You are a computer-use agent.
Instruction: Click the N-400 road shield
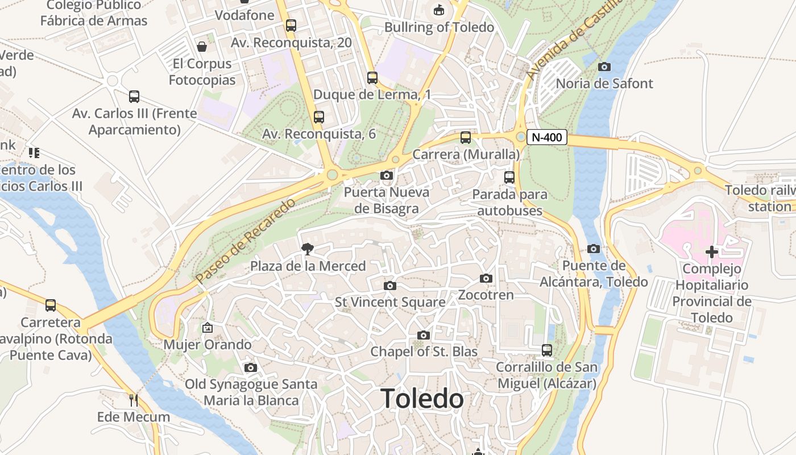[546, 137]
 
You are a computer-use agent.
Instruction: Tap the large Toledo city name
[422, 399]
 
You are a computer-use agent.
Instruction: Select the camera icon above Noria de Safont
[604, 67]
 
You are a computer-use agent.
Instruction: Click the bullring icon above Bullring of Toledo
[439, 10]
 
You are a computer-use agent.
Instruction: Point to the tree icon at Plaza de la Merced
[308, 249]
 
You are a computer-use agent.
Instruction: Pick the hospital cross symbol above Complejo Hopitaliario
[712, 251]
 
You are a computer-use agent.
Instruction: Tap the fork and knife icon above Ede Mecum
[133, 400]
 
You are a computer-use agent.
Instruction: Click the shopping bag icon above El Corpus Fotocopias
[202, 46]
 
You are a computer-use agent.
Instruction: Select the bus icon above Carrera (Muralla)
[466, 137]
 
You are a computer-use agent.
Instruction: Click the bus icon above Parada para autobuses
[509, 177]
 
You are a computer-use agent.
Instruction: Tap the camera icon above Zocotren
[486, 278]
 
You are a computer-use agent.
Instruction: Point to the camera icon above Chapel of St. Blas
[424, 335]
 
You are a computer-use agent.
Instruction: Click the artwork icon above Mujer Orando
[208, 328]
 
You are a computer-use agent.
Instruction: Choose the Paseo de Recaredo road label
[246, 241]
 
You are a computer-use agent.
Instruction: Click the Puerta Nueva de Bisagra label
[387, 200]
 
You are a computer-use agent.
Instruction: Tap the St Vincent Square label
[390, 302]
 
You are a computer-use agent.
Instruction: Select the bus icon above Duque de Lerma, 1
[372, 77]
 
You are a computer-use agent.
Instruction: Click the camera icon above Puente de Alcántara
[594, 249]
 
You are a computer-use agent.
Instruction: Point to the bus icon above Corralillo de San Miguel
[547, 350]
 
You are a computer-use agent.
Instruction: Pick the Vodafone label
[244, 15]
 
